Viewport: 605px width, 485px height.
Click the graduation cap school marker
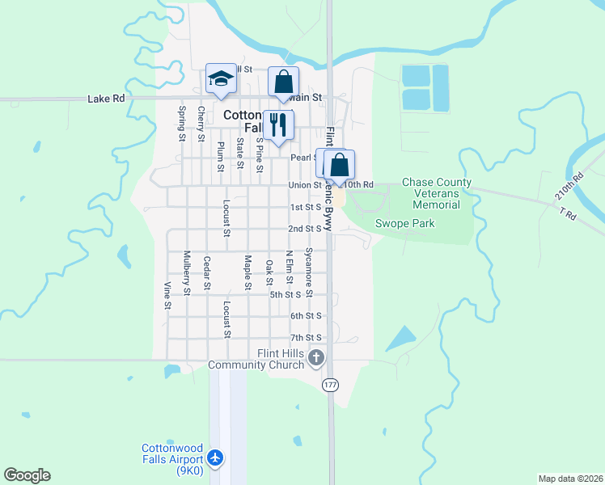(221, 79)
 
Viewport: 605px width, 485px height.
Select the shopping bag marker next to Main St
(283, 82)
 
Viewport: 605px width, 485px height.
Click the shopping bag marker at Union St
(341, 165)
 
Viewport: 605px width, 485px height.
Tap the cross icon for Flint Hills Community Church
(316, 357)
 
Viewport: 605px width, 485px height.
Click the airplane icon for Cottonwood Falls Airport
(215, 458)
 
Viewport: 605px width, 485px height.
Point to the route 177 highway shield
(330, 385)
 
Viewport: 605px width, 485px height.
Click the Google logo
(27, 475)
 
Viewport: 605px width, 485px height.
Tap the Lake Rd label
(107, 99)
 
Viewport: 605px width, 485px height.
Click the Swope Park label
(404, 223)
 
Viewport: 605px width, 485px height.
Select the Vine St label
(168, 295)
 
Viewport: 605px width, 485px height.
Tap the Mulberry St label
(187, 272)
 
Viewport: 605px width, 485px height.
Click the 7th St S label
(306, 337)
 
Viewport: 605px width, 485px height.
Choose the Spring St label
(182, 123)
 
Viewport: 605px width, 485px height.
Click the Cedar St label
(207, 273)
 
